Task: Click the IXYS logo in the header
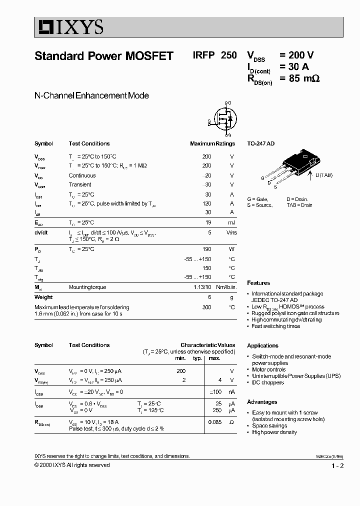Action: click(69, 27)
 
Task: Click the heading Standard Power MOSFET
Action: click(103, 56)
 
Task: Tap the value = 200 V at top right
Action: click(296, 55)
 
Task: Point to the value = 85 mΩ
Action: click(299, 78)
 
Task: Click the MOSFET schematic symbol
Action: click(223, 119)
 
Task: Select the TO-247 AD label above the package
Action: click(261, 143)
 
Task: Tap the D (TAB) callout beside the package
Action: click(323, 175)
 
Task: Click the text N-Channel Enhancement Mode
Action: click(91, 95)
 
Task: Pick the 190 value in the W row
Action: click(206, 249)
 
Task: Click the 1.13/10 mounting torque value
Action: click(202, 287)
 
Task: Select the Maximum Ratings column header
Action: click(212, 143)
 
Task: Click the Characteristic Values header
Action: click(207, 345)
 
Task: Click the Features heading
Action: click(258, 283)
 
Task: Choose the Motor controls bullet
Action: click(268, 369)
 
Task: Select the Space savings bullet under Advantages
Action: click(270, 425)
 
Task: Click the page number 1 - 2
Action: click(337, 466)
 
